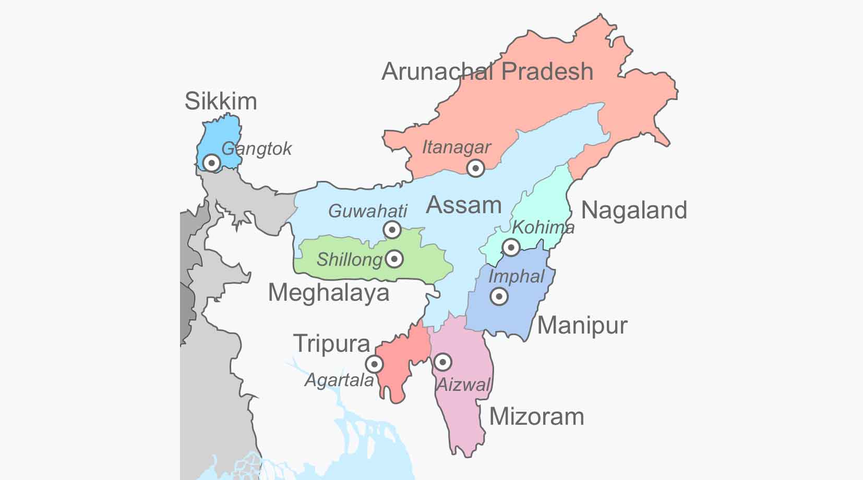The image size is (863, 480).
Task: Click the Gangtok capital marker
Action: click(211, 163)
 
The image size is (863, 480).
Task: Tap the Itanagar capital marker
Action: click(475, 168)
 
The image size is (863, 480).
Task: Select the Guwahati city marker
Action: click(392, 229)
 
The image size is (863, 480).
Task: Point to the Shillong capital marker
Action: click(394, 259)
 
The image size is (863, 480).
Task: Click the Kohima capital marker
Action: click(511, 247)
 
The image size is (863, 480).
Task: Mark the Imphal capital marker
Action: click(499, 297)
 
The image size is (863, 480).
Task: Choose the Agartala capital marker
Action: click(374, 364)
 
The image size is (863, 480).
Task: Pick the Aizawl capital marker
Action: click(442, 362)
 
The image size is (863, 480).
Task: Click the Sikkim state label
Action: click(221, 101)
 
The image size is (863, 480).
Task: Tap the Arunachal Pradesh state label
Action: click(487, 71)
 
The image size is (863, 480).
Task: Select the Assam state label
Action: click(463, 205)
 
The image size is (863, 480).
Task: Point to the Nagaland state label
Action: click(634, 210)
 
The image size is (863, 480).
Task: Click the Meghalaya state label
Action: click(329, 292)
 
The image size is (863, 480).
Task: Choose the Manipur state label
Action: click(582, 325)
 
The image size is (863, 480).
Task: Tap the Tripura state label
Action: click(332, 343)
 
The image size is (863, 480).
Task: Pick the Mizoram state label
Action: click(536, 416)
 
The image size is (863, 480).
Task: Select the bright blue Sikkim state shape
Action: click(219, 141)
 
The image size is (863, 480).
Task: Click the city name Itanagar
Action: click(456, 147)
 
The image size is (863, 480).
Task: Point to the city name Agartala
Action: click(339, 380)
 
